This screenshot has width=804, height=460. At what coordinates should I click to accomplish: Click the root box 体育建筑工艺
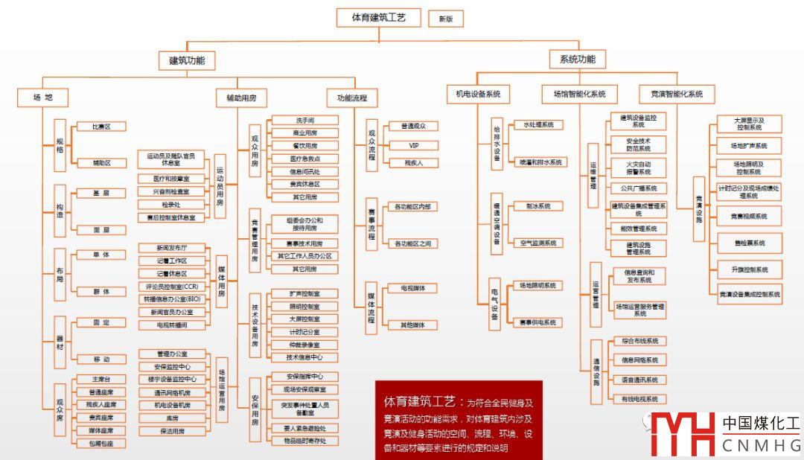click(378, 18)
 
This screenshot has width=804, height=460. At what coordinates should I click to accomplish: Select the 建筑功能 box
click(187, 60)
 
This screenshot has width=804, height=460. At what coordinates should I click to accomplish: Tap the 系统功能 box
click(577, 60)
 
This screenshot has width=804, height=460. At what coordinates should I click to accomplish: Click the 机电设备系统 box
click(478, 95)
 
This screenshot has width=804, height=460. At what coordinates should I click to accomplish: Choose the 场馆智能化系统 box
click(579, 95)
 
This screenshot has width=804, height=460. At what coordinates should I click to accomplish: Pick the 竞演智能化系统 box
click(677, 95)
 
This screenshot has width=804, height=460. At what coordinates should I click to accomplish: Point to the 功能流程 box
click(352, 98)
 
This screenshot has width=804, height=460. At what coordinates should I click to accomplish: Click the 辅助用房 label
click(241, 98)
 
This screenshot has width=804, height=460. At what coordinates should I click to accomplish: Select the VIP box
click(415, 144)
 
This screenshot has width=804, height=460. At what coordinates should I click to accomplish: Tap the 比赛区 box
click(101, 127)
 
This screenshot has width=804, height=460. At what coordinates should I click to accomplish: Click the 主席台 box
click(101, 380)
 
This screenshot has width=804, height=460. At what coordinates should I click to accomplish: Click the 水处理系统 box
click(538, 125)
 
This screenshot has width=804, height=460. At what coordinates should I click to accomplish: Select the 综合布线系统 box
click(639, 341)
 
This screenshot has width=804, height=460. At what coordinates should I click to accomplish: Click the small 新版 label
click(446, 19)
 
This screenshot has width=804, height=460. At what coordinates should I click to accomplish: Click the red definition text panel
click(459, 420)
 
